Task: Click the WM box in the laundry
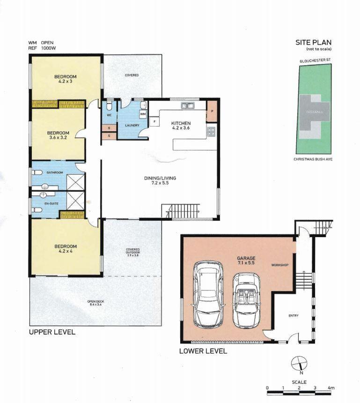click(x=143, y=114)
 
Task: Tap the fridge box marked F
click(x=154, y=121)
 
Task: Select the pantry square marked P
click(x=212, y=111)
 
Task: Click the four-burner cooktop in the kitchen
click(x=211, y=132)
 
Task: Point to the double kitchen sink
click(x=188, y=105)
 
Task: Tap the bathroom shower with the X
click(x=75, y=182)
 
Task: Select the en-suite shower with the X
click(x=75, y=200)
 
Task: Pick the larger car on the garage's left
click(x=208, y=295)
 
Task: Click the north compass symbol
click(x=299, y=364)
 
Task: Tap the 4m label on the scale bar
click(x=331, y=388)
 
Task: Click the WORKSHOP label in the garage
click(x=280, y=265)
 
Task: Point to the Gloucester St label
click(x=315, y=60)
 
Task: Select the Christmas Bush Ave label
click(x=313, y=159)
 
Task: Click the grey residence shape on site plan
click(x=314, y=112)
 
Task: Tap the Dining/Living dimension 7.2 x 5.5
click(x=160, y=183)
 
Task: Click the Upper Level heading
click(x=52, y=332)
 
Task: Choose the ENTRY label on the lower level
click(x=294, y=315)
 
